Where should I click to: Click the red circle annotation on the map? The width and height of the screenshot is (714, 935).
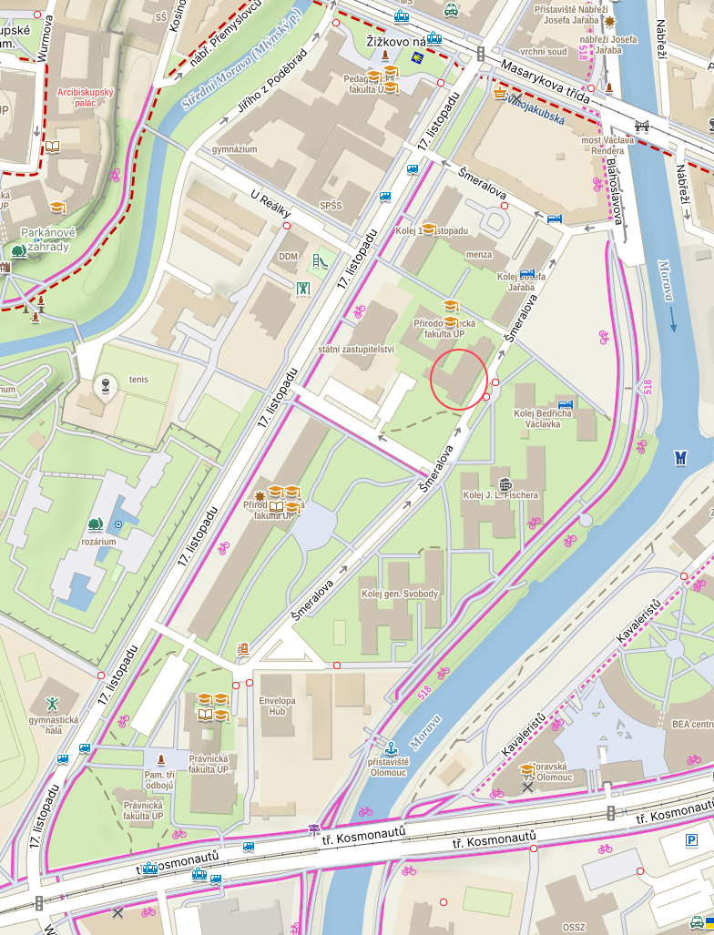(459, 379)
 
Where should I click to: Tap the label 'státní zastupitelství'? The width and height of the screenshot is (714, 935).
(355, 349)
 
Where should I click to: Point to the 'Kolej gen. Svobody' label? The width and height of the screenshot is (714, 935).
(400, 595)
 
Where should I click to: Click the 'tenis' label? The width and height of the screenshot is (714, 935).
(138, 379)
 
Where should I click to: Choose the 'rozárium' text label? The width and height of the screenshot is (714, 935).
(97, 542)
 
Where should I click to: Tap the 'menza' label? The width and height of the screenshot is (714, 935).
(478, 255)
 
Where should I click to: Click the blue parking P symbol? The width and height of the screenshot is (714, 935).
(691, 839)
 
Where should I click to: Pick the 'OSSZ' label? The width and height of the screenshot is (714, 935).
(574, 927)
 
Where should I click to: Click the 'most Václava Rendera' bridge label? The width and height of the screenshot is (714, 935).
(604, 145)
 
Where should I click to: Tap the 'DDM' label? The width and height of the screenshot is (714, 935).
(288, 257)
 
